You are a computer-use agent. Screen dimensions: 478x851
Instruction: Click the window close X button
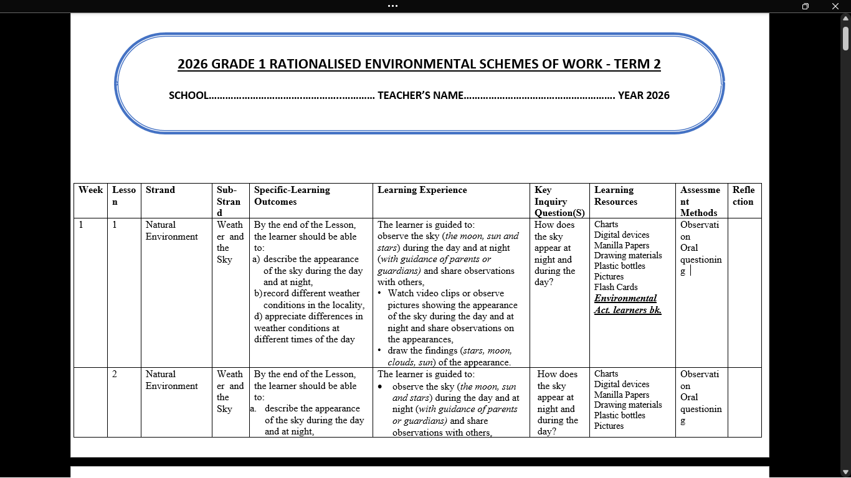pos(835,6)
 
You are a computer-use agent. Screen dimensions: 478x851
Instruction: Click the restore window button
pos(806,6)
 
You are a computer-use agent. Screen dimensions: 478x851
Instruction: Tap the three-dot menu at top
pos(392,6)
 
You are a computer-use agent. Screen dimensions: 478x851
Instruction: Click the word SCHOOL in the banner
pos(189,95)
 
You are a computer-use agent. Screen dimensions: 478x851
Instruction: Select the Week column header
pos(90,190)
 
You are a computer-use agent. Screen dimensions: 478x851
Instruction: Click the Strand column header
pos(160,190)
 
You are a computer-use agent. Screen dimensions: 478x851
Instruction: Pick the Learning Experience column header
pos(422,190)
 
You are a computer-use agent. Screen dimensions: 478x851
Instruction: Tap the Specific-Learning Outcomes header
pos(292,195)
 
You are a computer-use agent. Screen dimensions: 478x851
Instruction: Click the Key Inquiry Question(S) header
pos(559,201)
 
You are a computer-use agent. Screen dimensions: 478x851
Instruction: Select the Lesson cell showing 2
pos(115,374)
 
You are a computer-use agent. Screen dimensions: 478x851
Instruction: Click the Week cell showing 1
pos(82,225)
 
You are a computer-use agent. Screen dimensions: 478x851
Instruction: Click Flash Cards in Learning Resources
pos(616,287)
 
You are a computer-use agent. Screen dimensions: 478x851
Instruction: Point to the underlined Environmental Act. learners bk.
pos(627,304)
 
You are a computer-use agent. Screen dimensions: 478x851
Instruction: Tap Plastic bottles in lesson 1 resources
pos(619,266)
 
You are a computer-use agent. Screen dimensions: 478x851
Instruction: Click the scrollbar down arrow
pos(845,472)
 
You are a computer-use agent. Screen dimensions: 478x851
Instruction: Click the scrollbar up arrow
pos(845,18)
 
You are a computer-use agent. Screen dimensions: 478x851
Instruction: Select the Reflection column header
pos(743,195)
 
